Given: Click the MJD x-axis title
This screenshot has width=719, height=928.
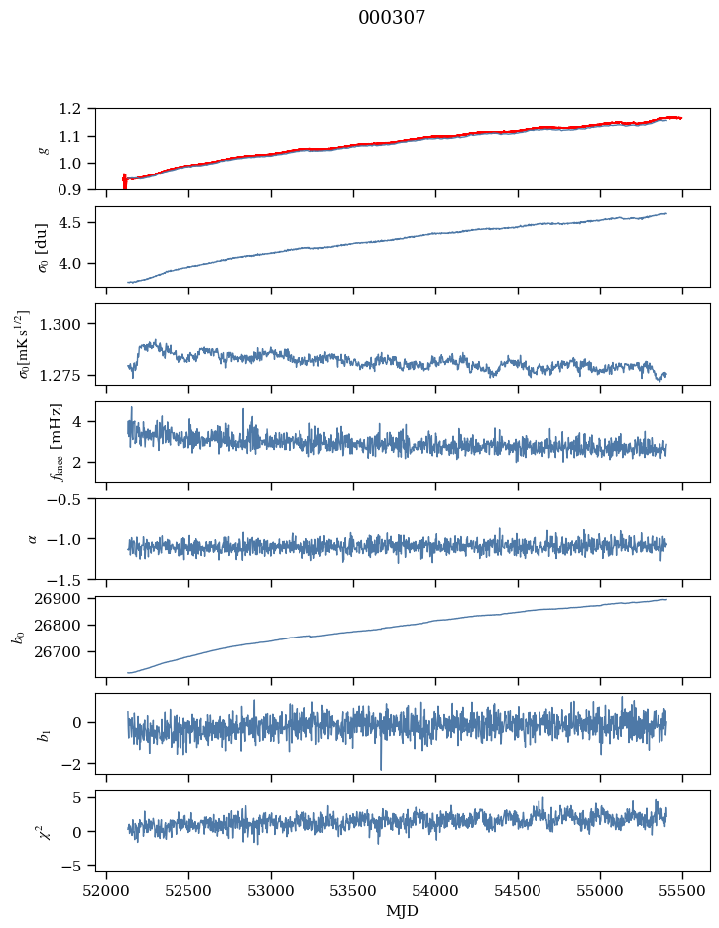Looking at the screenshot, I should click(403, 911).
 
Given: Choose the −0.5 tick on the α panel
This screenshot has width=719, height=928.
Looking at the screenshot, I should click(68, 499).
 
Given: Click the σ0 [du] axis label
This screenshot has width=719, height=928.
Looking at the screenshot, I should click(42, 247).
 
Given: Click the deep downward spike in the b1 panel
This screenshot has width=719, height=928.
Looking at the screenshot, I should click(380, 768).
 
